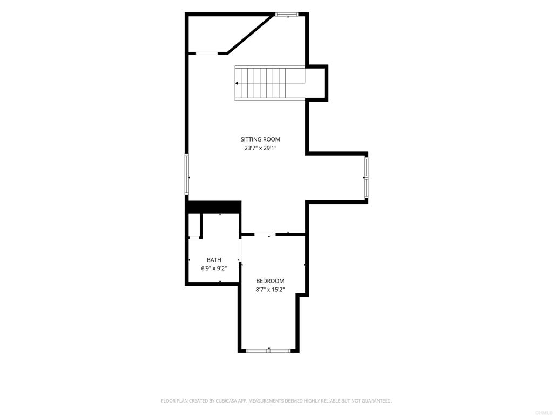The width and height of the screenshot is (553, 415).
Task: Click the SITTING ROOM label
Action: (x=260, y=139)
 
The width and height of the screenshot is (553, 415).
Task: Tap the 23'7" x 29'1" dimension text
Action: (x=260, y=148)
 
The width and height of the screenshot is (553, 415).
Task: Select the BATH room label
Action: (x=214, y=260)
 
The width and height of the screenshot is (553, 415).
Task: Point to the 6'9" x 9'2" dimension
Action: (x=214, y=269)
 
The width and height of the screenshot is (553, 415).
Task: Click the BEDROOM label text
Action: (x=270, y=281)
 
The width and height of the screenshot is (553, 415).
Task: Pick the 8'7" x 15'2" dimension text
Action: (x=270, y=290)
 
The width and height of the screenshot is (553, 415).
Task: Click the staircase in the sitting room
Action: (x=270, y=83)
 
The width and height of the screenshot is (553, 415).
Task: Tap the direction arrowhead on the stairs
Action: (x=237, y=83)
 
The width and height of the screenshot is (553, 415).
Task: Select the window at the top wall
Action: (x=287, y=15)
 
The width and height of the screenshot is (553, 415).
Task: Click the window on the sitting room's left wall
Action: (x=187, y=174)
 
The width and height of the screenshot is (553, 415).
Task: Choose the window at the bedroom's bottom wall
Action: (x=268, y=350)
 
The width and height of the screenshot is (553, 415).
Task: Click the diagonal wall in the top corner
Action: (x=251, y=34)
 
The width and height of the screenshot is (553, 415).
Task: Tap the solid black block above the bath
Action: (x=213, y=207)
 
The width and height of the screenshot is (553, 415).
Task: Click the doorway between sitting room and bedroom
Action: (x=265, y=235)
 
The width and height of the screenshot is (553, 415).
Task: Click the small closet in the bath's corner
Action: (x=194, y=225)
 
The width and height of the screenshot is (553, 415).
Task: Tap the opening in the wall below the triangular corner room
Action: (x=207, y=53)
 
